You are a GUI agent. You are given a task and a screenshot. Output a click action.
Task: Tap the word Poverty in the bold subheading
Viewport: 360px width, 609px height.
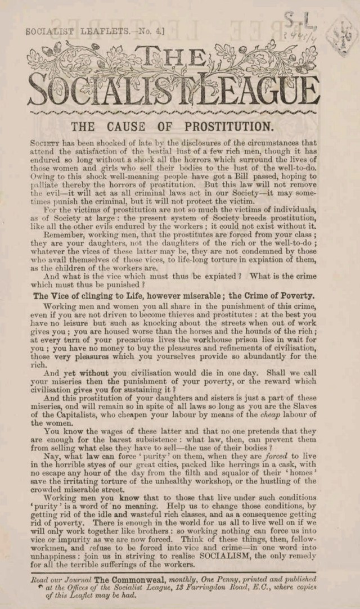click(x=294, y=295)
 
